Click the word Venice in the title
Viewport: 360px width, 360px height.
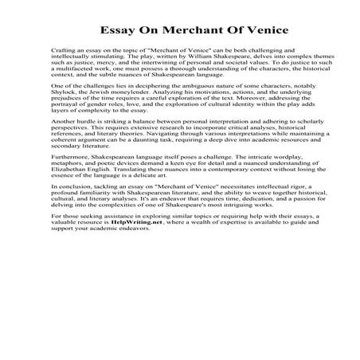238,30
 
